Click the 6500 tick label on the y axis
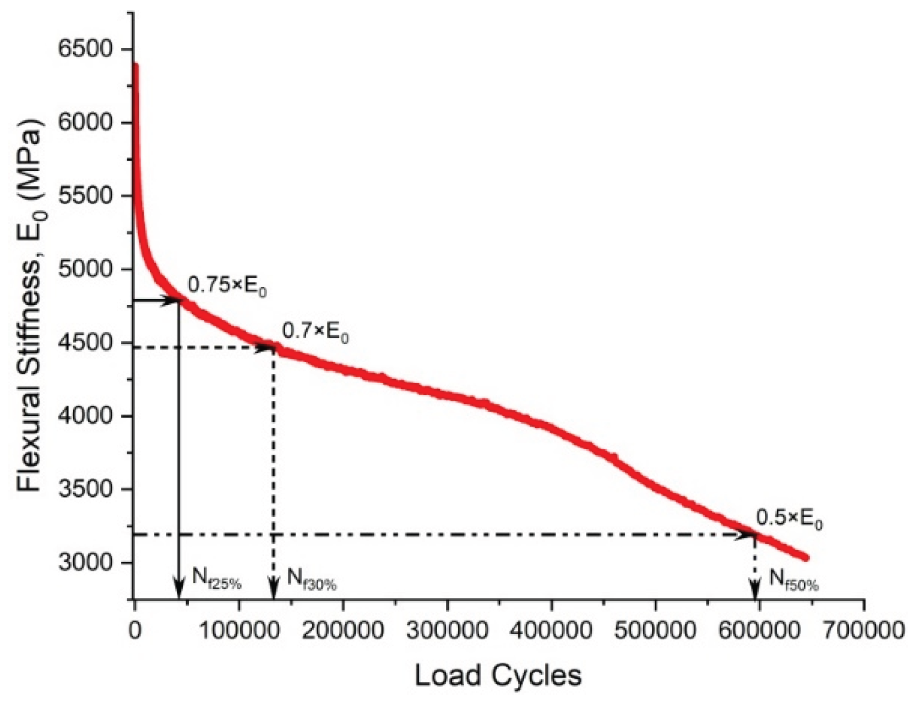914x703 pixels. [x=85, y=50]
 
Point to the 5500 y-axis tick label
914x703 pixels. [x=85, y=196]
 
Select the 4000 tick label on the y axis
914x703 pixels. [x=85, y=416]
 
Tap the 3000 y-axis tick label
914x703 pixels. [x=85, y=563]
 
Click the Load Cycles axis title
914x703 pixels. [x=498, y=675]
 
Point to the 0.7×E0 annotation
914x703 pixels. [x=315, y=332]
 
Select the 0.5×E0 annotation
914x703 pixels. [x=789, y=518]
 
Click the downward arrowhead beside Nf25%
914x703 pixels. [x=178, y=590]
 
